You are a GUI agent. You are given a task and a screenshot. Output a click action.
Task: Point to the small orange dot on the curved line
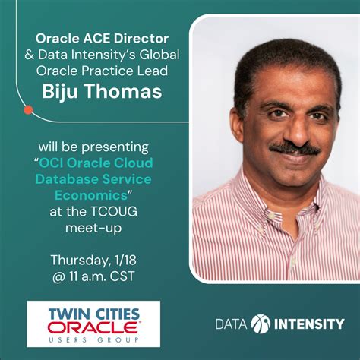click(28, 110)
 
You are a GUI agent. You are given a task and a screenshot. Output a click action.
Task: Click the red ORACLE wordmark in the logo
click(93, 328)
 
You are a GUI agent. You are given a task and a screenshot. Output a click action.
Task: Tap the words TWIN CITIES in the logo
click(93, 314)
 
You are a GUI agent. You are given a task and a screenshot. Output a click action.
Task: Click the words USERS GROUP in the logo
click(93, 340)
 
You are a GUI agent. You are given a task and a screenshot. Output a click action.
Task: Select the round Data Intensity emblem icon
click(260, 324)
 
